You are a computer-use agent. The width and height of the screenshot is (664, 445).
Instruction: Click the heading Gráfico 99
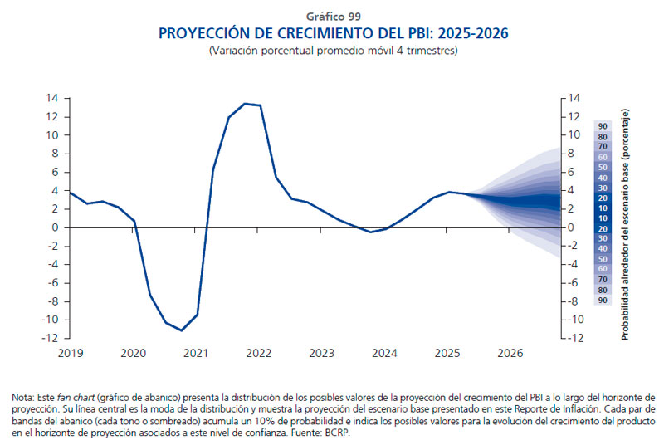point(332,16)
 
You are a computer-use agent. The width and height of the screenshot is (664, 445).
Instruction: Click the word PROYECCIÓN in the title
point(203,33)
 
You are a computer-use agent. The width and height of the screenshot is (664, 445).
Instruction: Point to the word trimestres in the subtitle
point(428,51)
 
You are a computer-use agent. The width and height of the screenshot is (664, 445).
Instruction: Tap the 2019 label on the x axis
point(70,353)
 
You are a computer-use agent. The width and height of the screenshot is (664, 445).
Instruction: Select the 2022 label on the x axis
point(259,353)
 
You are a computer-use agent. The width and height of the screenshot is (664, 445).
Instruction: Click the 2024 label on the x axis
point(384,353)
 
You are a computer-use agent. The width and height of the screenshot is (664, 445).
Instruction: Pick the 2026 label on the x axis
point(510,353)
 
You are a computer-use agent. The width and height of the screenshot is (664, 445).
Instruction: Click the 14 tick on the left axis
point(51,98)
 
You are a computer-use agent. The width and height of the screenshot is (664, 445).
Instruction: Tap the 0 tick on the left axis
point(54,227)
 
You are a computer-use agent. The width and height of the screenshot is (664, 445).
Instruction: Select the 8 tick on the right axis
point(574,154)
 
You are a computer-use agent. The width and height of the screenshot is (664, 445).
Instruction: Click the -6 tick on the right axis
point(576,283)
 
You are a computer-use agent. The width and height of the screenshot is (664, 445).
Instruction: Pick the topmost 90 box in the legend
point(603,126)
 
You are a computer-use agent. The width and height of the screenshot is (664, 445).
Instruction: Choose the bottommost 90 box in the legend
point(603,300)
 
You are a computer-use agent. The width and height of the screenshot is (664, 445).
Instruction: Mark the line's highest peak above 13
point(245,104)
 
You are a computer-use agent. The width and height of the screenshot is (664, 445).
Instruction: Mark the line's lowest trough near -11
point(182,330)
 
